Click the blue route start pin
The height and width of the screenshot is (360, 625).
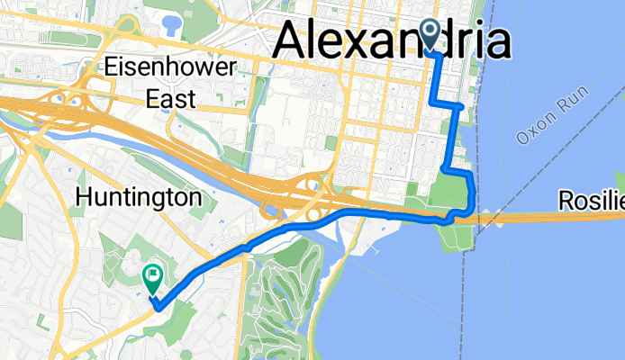click(x=430, y=35)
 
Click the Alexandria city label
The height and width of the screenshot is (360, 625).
click(x=391, y=41)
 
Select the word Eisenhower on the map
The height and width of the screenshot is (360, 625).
click(x=169, y=67)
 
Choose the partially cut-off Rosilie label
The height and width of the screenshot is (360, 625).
click(x=589, y=201)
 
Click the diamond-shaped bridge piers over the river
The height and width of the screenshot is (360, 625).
click(x=489, y=216)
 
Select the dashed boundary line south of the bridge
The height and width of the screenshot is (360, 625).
click(x=466, y=288)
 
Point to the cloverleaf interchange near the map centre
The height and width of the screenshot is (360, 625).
click(x=316, y=190)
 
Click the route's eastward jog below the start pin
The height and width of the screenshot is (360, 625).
click(x=450, y=104)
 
